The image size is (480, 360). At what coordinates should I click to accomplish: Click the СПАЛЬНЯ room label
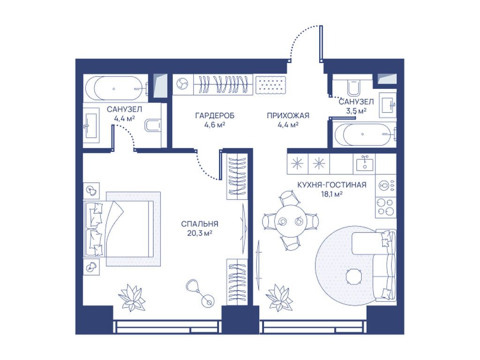(x=200, y=224)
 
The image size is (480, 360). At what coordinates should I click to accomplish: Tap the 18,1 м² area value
(x=332, y=194)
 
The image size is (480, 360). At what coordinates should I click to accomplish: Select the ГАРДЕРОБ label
(x=215, y=116)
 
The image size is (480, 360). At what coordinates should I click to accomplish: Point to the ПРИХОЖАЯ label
(x=288, y=116)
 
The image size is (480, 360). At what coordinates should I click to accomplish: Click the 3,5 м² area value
(x=356, y=111)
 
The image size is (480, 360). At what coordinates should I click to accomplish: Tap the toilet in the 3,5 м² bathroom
(x=354, y=87)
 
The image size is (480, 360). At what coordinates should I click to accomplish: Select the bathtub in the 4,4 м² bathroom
(x=117, y=89)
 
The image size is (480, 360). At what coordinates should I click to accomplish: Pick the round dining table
(x=290, y=220)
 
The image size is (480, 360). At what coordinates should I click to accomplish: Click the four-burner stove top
(x=386, y=207)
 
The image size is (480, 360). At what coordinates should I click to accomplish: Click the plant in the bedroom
(x=132, y=297)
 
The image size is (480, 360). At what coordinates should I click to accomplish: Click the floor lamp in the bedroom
(x=201, y=292)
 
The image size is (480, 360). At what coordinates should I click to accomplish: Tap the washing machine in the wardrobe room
(x=183, y=84)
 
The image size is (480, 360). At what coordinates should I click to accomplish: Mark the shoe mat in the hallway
(x=270, y=84)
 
